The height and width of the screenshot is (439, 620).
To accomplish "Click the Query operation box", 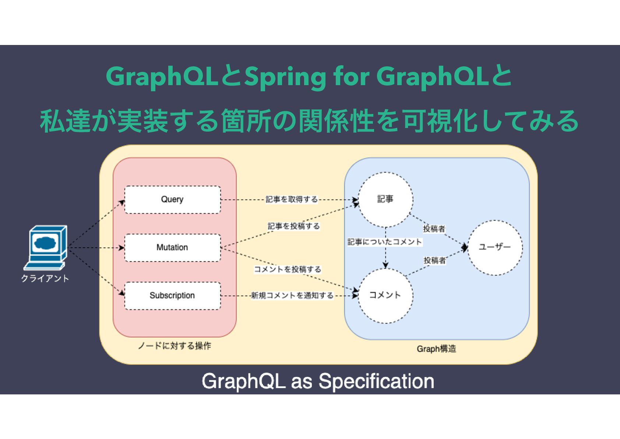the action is [172, 199].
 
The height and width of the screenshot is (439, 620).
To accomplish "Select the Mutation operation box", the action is [172, 247].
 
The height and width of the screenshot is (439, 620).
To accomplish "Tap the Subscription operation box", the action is [172, 296].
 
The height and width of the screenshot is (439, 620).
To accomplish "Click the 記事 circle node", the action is [385, 199].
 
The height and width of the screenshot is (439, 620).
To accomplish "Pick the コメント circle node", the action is [385, 295].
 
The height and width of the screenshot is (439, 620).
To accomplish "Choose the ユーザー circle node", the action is [495, 247].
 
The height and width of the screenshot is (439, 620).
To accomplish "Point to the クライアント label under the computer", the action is [45, 279].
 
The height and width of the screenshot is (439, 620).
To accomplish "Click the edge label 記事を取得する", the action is [292, 199].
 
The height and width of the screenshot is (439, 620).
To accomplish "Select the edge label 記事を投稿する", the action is [293, 226].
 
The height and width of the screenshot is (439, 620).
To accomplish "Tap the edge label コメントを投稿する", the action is [288, 269].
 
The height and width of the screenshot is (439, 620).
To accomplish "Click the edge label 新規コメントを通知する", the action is [292, 296].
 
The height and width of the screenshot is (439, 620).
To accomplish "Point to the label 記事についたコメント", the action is [385, 242].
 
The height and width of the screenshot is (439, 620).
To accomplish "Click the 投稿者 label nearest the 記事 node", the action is [434, 229].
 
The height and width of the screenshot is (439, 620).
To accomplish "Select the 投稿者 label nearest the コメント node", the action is [435, 261].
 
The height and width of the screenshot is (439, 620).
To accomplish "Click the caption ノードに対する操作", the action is [174, 346].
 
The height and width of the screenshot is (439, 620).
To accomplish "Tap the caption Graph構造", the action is [436, 349].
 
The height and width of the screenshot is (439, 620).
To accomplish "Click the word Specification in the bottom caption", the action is [376, 381].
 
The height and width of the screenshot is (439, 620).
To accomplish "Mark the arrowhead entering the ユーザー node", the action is [465, 248].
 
